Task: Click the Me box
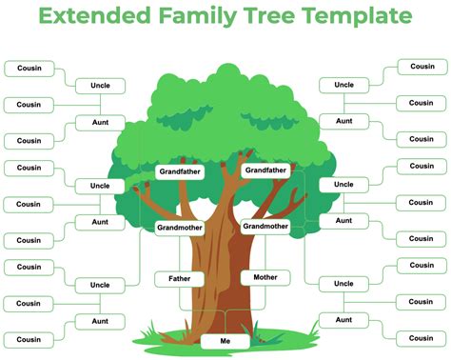(225, 340)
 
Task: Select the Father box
(179, 279)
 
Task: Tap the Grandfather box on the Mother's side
(265, 170)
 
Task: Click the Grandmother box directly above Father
(179, 229)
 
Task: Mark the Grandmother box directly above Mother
(265, 226)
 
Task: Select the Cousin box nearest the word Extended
(29, 68)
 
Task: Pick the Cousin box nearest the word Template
(422, 67)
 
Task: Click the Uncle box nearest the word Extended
(100, 86)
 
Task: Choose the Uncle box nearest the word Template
(343, 85)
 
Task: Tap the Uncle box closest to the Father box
(100, 285)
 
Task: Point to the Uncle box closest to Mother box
(343, 284)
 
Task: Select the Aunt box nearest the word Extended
(100, 123)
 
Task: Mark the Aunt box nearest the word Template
(343, 121)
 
